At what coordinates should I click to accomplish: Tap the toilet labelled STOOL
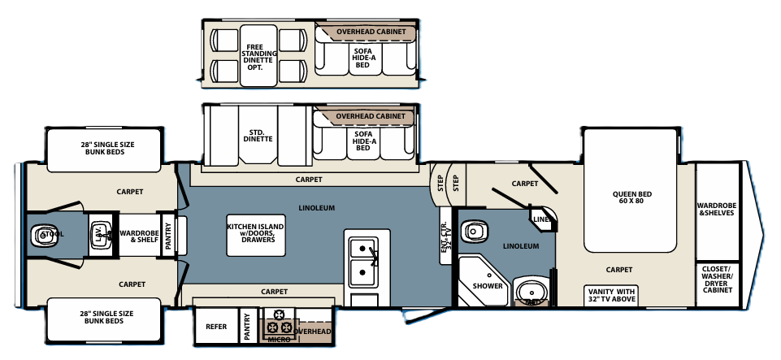click(x=42, y=236)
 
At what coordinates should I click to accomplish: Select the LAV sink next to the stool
click(x=101, y=234)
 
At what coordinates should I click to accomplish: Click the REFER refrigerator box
click(x=216, y=327)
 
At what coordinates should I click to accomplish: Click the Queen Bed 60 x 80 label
click(x=632, y=198)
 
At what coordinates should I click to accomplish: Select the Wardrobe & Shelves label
click(x=716, y=208)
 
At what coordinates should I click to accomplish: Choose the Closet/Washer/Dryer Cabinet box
click(x=717, y=280)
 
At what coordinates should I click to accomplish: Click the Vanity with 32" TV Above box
click(x=611, y=294)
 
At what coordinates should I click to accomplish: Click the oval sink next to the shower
click(x=532, y=291)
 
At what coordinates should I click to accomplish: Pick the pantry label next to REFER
click(x=248, y=327)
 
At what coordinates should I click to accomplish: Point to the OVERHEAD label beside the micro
click(x=315, y=332)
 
